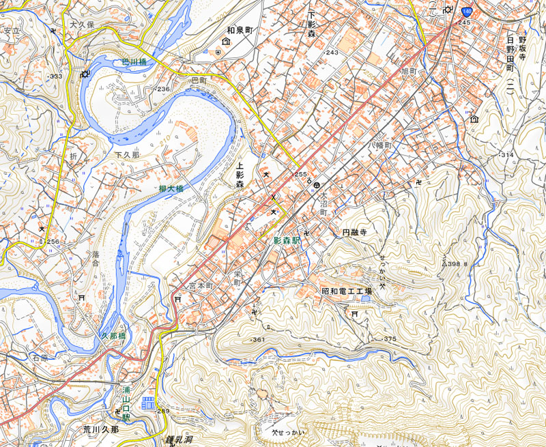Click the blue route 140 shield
[x=467, y=12]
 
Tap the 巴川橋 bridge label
[x=134, y=62]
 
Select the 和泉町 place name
[x=240, y=31]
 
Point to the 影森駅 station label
[x=287, y=241]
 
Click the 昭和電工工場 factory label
[x=346, y=291]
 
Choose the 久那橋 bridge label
[x=113, y=336]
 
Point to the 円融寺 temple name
[x=354, y=233]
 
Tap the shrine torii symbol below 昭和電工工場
[x=354, y=314]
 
